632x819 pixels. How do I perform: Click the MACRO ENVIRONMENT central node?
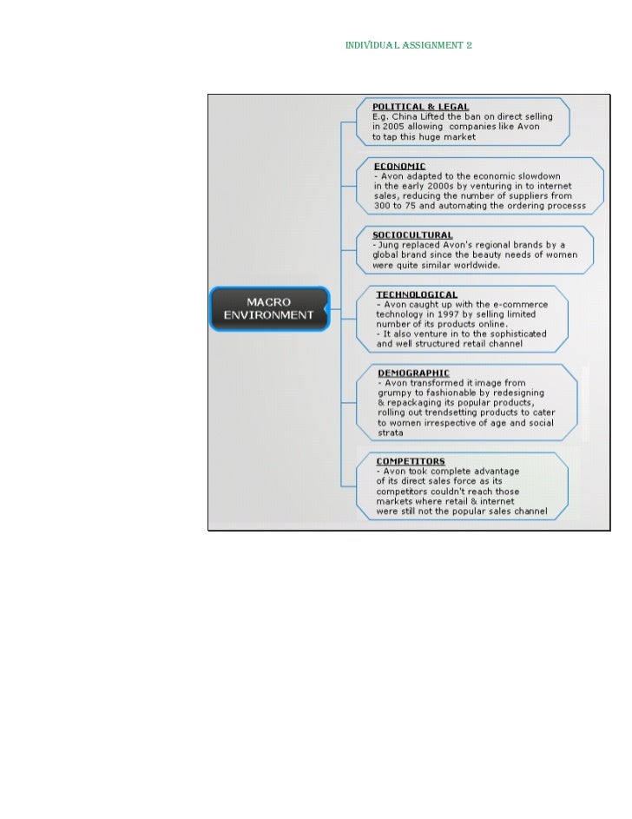[x=269, y=308]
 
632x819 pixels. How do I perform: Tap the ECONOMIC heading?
[x=399, y=165]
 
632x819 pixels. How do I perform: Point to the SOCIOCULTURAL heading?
[x=412, y=234]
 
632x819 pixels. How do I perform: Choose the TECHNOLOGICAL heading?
[x=417, y=295]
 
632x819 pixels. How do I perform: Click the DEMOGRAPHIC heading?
[x=414, y=373]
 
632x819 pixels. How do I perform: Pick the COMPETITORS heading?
[x=411, y=461]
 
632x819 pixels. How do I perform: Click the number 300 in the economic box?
[x=383, y=206]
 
